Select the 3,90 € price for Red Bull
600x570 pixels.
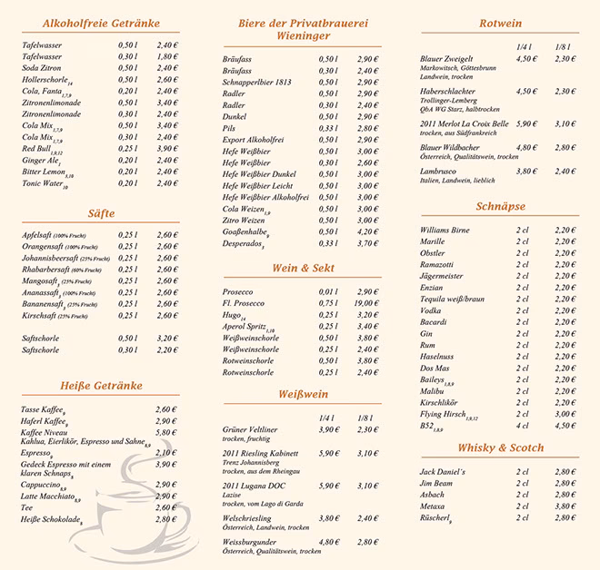pos(166,148)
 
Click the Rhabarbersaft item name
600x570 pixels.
pos(50,269)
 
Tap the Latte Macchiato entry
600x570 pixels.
pos(49,496)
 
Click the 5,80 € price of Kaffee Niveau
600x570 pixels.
pos(166,433)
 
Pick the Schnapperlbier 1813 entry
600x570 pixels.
pos(257,82)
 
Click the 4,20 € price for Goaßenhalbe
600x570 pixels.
pos(368,231)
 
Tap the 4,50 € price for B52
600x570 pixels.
pos(565,425)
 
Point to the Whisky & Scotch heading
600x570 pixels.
pos(499,447)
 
